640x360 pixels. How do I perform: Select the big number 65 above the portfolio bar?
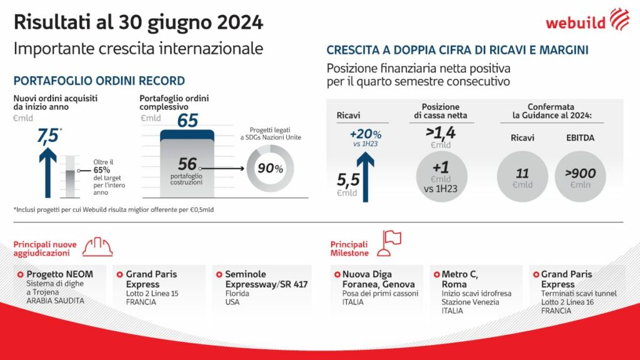[187, 121]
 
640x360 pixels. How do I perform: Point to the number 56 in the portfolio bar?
[187, 164]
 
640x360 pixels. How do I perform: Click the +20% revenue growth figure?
[366, 135]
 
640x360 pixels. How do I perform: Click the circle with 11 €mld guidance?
[523, 176]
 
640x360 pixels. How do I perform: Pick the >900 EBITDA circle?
[579, 176]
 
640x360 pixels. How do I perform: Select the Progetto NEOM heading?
[59, 274]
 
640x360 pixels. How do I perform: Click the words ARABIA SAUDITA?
[55, 301]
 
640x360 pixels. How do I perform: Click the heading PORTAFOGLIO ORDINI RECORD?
[99, 81]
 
